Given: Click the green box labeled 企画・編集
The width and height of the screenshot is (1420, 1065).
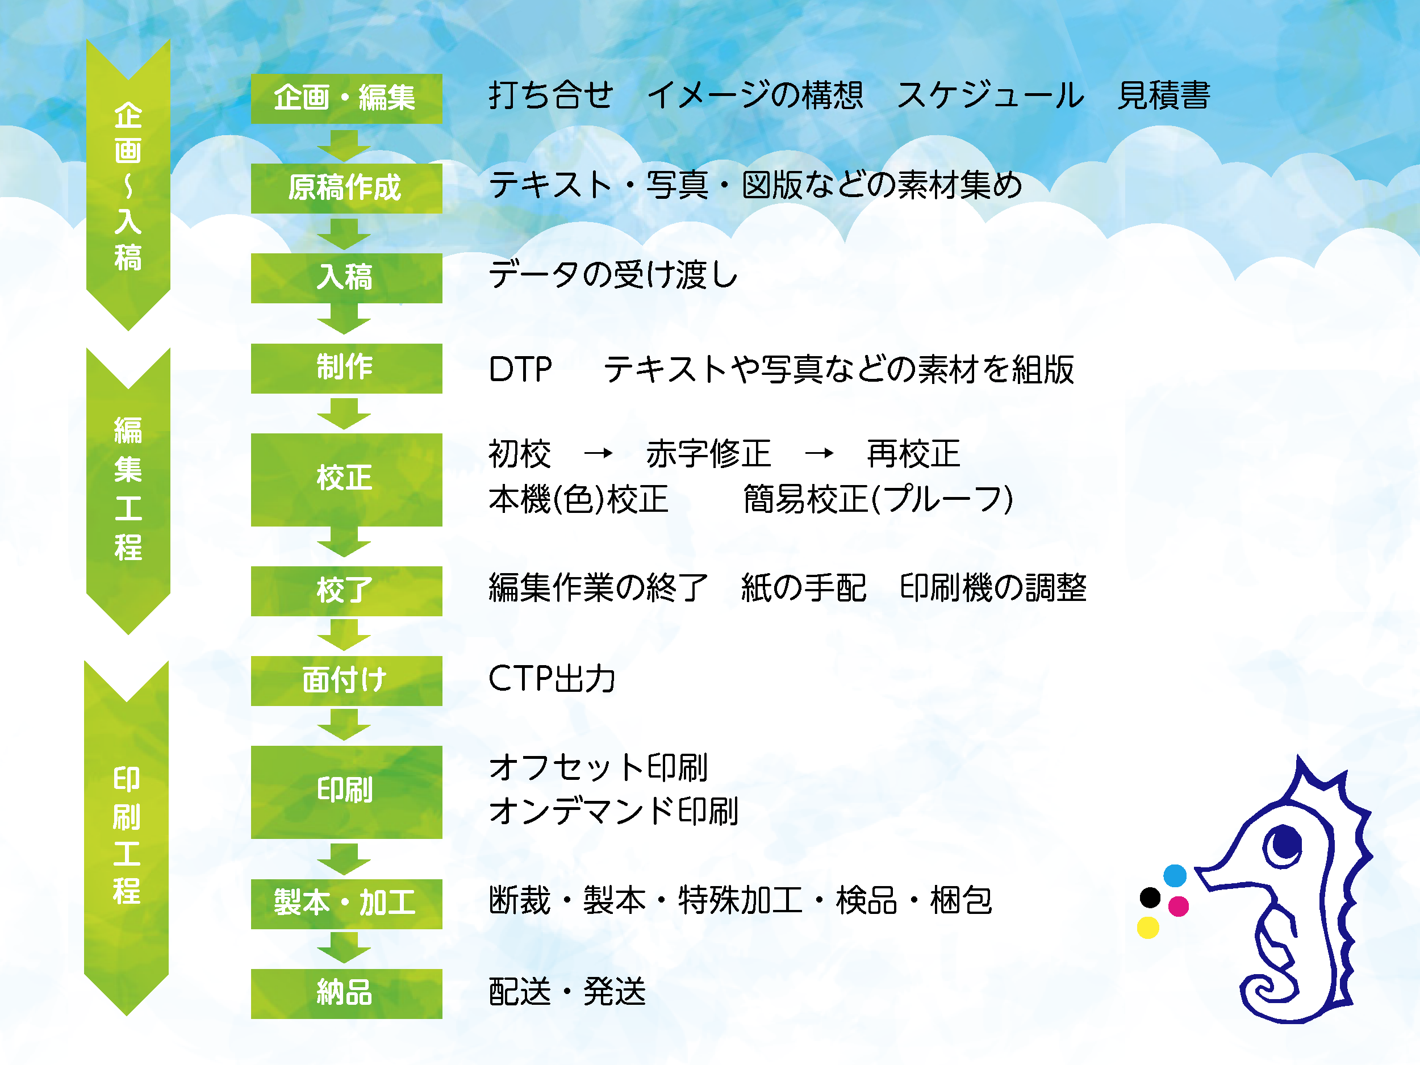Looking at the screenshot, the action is [346, 99].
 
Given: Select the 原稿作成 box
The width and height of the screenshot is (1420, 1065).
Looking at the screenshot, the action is [346, 188].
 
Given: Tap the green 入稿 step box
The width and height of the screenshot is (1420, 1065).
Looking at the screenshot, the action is [346, 278].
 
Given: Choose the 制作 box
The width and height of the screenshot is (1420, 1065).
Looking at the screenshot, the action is [346, 369].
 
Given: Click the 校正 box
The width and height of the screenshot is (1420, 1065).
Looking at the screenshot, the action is [346, 479].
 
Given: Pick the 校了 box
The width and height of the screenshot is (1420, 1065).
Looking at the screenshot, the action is [346, 591].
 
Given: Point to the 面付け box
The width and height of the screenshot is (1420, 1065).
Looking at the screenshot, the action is [346, 681].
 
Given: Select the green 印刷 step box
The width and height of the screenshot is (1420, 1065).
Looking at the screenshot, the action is [346, 792].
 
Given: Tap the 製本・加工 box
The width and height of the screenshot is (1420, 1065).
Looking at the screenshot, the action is [346, 904].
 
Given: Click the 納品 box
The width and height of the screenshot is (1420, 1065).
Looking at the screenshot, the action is [346, 994].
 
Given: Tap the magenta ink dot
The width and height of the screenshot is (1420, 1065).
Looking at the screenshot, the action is [1179, 907].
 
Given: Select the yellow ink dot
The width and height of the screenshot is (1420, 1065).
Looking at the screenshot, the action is [1148, 928].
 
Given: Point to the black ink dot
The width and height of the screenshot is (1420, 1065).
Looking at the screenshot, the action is [1150, 897].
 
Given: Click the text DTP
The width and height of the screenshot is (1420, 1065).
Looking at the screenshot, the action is [520, 370].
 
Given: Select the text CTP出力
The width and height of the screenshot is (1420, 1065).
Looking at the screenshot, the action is [552, 679].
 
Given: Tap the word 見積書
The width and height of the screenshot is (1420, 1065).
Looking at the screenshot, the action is [1164, 95].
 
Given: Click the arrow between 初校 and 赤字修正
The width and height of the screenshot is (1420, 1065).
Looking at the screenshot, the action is [598, 454].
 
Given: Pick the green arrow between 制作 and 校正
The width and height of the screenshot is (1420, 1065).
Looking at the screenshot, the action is [344, 414].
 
